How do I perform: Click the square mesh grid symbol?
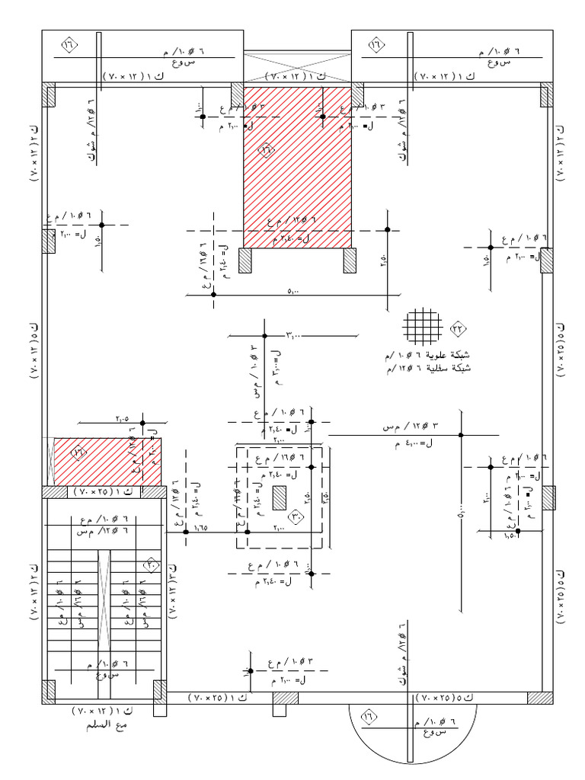[424, 328]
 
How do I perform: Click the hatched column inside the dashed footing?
[279, 497]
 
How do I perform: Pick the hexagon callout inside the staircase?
[152, 565]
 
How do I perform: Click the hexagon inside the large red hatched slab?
[267, 150]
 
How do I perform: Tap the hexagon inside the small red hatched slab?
[80, 452]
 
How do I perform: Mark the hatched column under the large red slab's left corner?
[245, 261]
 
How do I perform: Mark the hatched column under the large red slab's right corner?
[350, 261]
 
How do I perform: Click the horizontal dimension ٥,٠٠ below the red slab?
[293, 289]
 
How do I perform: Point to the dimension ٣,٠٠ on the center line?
[294, 334]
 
